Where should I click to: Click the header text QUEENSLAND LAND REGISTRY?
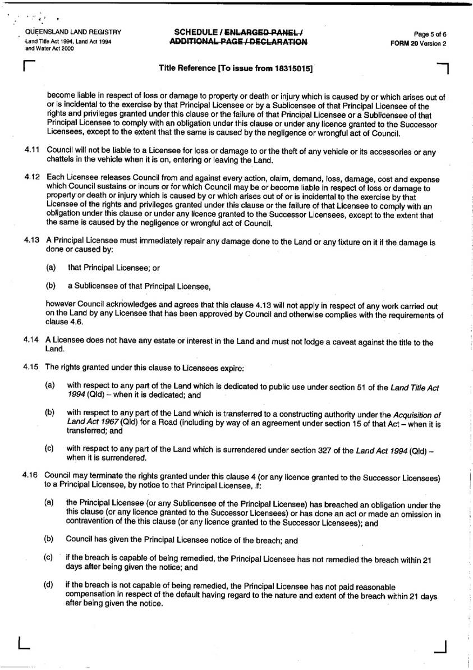point(69,32)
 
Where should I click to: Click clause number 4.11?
point(31,150)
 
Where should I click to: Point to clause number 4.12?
point(31,178)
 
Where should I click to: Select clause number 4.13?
point(31,240)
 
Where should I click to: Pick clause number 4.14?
point(31,341)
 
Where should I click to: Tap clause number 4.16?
point(31,475)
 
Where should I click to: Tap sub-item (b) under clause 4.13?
point(50,286)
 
